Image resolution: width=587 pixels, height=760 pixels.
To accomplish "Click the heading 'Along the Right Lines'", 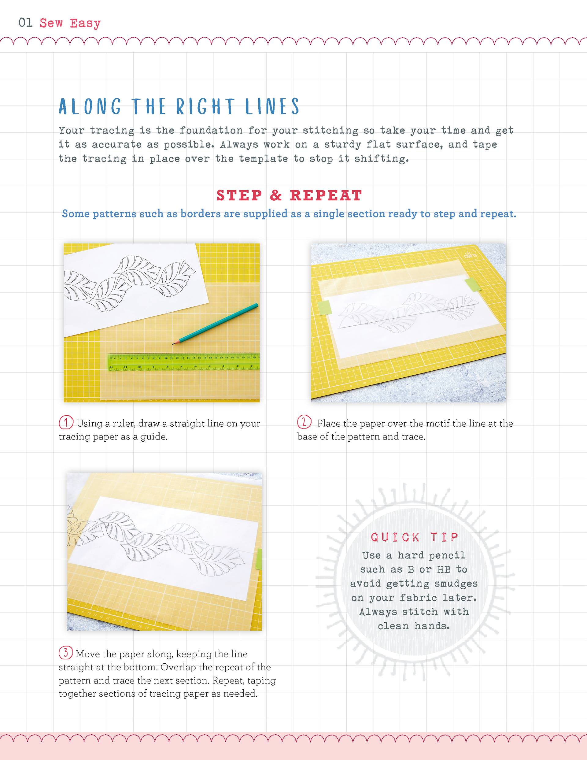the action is [x=179, y=106].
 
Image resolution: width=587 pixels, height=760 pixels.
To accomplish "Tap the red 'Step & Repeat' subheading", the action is [x=290, y=195].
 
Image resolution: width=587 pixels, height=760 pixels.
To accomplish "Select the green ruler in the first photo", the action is [x=184, y=362].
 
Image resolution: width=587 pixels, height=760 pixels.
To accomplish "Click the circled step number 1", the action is [x=66, y=422].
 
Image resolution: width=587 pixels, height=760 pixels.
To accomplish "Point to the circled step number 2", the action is [x=304, y=422].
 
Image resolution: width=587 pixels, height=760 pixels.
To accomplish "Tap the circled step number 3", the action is [x=66, y=653].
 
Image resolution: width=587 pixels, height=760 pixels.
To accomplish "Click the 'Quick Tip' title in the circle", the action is [x=414, y=537].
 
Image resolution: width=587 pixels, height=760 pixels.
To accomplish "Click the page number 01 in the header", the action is [x=25, y=23].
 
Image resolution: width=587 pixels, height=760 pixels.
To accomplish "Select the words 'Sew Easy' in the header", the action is [x=70, y=23].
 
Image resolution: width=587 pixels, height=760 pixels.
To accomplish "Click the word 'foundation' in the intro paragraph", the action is [x=211, y=130].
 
